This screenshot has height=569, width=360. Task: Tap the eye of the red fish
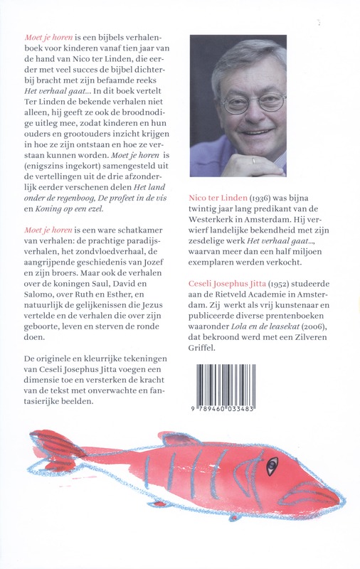click(x=272, y=468)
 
